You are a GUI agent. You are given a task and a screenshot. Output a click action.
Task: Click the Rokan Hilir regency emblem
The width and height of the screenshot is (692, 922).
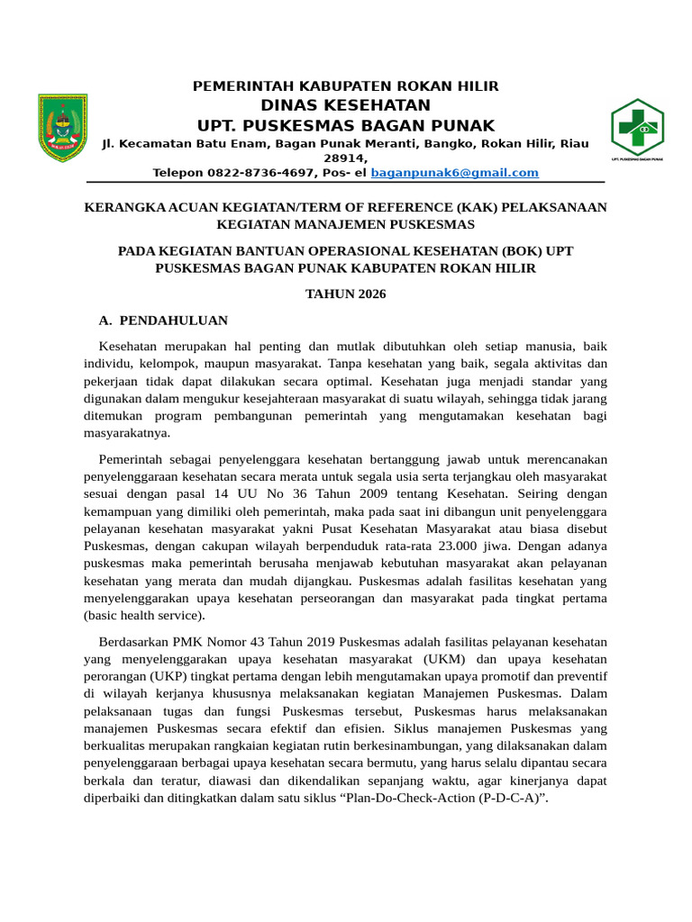[x=62, y=128]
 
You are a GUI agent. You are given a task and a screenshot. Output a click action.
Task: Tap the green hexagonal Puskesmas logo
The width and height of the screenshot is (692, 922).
[x=637, y=129]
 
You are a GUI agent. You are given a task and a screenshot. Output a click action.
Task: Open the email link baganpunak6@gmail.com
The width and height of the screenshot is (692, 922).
[x=467, y=172]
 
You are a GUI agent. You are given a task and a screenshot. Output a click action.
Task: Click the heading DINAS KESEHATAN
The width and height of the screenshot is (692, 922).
[x=346, y=105]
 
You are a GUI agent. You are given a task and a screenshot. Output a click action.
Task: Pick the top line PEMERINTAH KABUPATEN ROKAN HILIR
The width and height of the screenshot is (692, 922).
[x=346, y=86]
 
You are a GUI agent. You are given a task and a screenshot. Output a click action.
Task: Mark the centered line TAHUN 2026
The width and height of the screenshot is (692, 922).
[x=346, y=294]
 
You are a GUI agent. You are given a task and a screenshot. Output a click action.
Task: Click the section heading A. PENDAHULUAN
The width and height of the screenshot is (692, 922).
[x=163, y=320]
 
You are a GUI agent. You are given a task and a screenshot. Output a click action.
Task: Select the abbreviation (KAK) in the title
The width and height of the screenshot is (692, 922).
[x=463, y=207]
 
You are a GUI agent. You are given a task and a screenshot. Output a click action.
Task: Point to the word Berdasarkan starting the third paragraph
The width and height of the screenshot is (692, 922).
[x=133, y=641]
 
